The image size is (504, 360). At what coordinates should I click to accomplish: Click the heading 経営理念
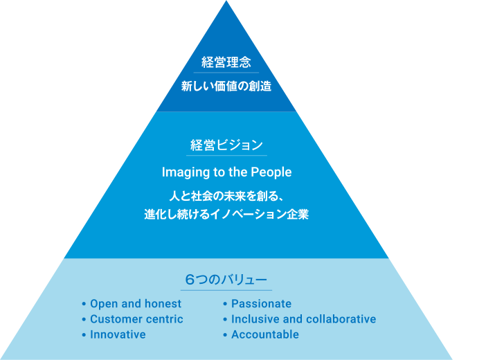(226, 62)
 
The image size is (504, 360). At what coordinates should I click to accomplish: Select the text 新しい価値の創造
(226, 87)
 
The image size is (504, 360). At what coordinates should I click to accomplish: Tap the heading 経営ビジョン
(226, 145)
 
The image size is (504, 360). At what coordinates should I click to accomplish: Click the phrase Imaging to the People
(226, 172)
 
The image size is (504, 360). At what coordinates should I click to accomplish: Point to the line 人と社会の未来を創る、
(226, 196)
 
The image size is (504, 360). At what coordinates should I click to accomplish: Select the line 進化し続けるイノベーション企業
(226, 215)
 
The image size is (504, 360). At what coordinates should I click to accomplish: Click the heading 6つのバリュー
(226, 280)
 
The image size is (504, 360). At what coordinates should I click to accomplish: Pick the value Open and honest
(136, 304)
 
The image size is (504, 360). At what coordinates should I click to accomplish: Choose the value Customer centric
(136, 319)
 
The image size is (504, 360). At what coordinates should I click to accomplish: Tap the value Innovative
(118, 334)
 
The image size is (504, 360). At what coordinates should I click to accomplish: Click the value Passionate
(261, 304)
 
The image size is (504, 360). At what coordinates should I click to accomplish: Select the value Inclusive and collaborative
(303, 319)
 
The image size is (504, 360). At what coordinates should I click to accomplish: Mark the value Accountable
(265, 334)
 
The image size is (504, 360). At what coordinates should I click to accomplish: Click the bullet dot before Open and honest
(83, 304)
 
